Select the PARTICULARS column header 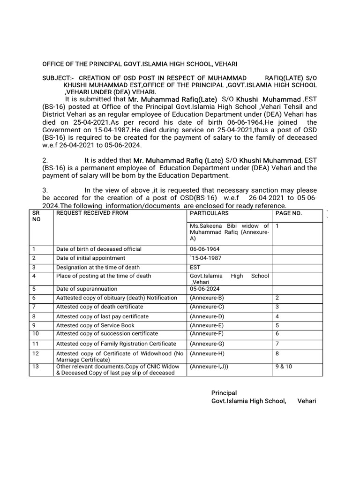tap(209, 213)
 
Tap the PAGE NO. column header tap(289, 213)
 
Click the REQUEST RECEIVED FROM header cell tap(92, 213)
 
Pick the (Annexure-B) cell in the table tap(207, 298)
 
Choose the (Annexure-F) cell tap(207, 334)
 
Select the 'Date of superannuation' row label tap(87, 289)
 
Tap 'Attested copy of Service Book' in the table tap(95, 325)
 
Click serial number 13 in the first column tap(35, 366)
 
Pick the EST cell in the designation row tap(195, 267)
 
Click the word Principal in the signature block tap(224, 393)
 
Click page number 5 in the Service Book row tap(277, 325)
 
